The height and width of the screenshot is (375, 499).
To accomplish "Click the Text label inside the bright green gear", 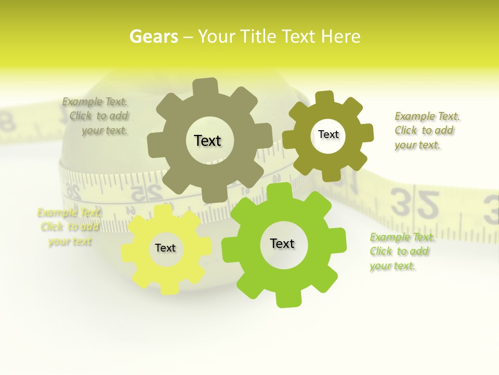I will pyautogui.click(x=282, y=244).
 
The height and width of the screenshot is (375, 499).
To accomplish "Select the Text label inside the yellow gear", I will pyautogui.click(x=165, y=248).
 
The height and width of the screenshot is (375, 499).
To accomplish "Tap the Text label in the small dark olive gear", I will pyautogui.click(x=329, y=134).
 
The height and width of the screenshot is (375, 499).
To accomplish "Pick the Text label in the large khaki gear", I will pyautogui.click(x=207, y=141).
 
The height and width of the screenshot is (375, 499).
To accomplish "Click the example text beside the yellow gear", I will pyautogui.click(x=69, y=227).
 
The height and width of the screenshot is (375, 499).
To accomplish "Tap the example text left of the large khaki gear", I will pyautogui.click(x=96, y=116).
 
